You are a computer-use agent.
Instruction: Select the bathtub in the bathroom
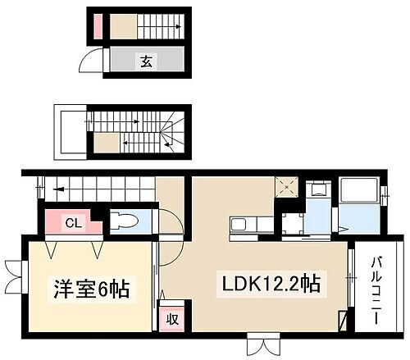pyautogui.click(x=359, y=197)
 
